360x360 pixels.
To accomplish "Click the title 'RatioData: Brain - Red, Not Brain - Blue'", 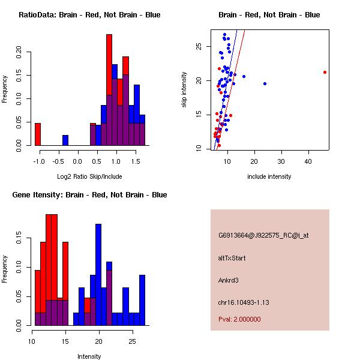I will point(89,15).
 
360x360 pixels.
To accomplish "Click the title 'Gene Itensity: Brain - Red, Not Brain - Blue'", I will point(89,195).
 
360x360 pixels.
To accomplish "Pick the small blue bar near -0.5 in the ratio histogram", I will point(65,140).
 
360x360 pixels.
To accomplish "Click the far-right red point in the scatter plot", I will point(325,72).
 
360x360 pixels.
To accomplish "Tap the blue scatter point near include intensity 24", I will point(265,83).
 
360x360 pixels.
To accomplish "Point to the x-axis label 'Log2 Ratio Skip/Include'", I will point(89,176).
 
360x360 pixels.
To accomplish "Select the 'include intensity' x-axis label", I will point(269,176).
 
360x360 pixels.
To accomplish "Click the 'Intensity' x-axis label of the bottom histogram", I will point(89,356).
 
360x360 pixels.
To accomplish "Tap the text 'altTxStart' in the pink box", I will point(232,258).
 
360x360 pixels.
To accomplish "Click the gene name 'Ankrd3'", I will point(229,280).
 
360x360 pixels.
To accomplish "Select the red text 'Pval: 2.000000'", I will point(239,319).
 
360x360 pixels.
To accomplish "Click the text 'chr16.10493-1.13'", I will point(244,302).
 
